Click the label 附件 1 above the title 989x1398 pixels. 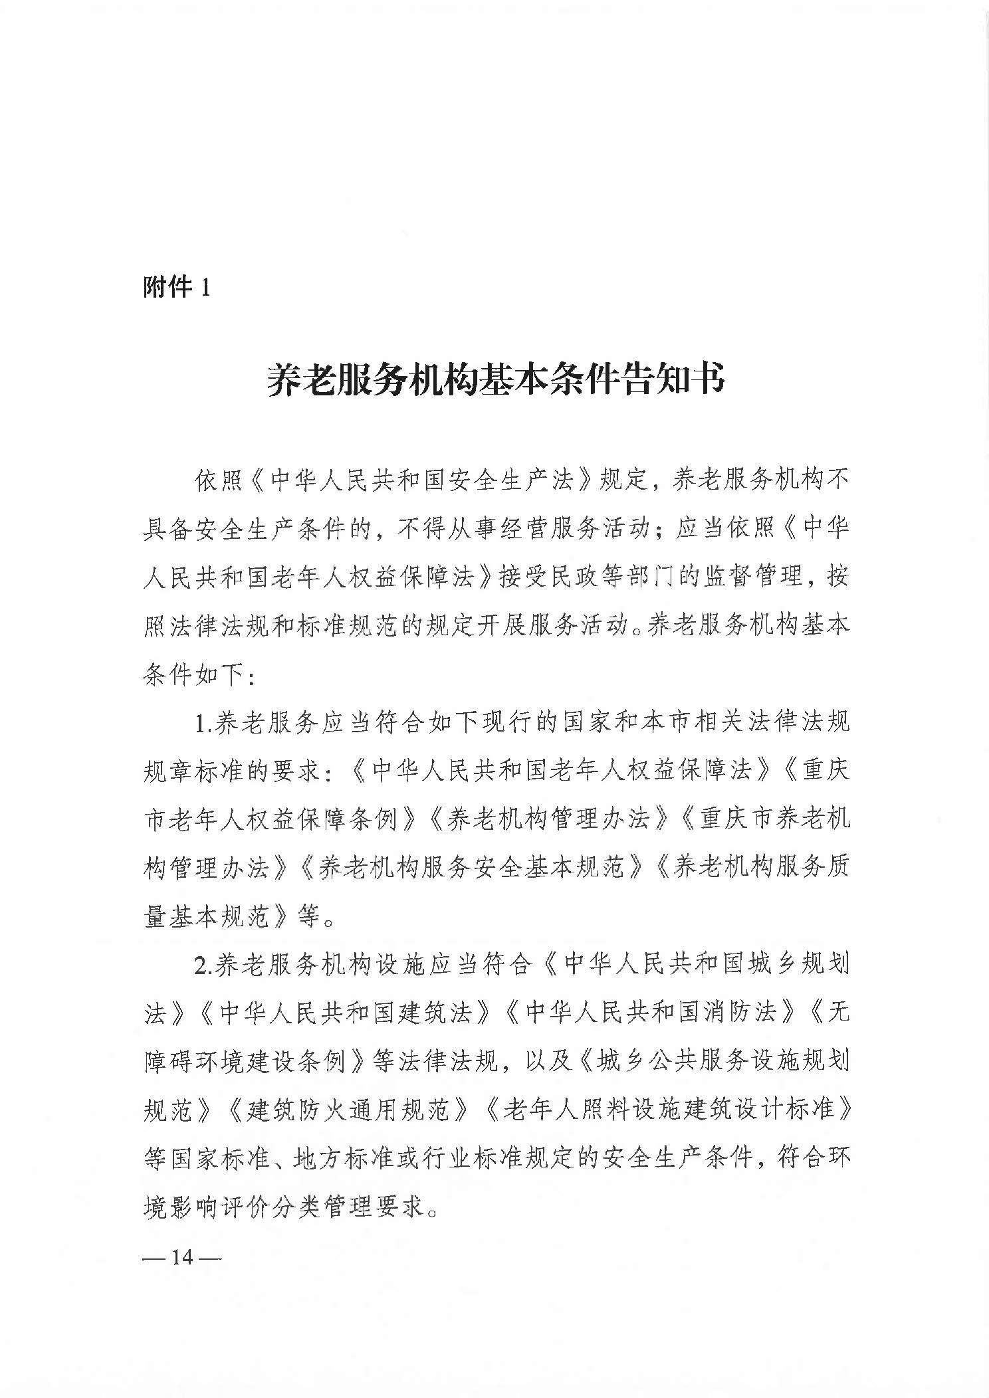(176, 288)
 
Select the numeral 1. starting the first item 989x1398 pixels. (202, 724)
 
